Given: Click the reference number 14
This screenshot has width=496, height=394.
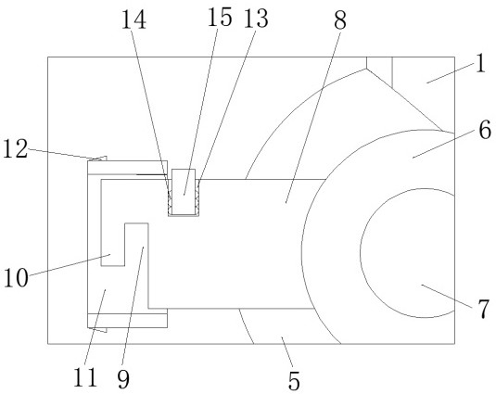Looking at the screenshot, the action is (x=134, y=19).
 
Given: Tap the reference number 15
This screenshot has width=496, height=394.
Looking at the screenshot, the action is (x=220, y=17).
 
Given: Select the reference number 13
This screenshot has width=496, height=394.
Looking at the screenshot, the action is (x=256, y=18).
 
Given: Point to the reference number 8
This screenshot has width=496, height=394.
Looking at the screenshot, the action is (x=340, y=20).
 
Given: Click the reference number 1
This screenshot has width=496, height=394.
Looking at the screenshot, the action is (x=480, y=63).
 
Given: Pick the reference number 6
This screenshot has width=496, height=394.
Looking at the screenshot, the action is (x=485, y=130).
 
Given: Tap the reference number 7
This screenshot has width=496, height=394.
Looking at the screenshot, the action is (x=484, y=309).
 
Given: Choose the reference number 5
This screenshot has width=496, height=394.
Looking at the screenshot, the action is (x=294, y=381).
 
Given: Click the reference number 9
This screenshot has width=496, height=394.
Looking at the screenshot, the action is (x=123, y=379).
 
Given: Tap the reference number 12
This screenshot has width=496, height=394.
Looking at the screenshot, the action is (x=16, y=149).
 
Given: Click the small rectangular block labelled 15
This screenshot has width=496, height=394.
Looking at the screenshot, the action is (x=184, y=192).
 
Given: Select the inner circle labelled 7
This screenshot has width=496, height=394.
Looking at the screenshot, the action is (x=360, y=253).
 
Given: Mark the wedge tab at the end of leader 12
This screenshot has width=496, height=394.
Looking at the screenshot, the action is (x=101, y=159).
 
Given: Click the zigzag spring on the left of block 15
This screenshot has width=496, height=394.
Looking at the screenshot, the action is (x=170, y=198).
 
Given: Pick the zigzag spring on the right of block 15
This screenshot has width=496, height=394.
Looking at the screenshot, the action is (x=197, y=198).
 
